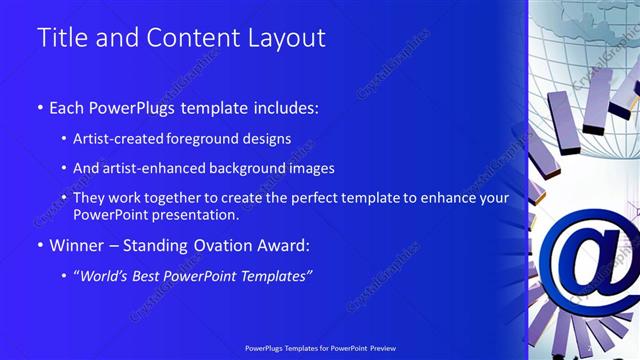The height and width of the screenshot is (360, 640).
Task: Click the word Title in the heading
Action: tap(61, 38)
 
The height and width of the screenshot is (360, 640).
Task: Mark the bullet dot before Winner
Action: tap(40, 246)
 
